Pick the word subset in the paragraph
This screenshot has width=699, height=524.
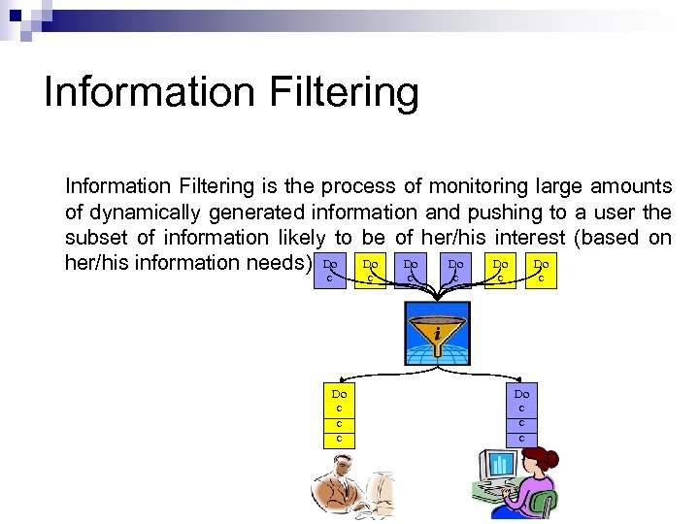point(94,238)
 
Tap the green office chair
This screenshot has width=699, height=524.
point(545,505)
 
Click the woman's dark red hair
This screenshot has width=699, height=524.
point(540,460)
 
